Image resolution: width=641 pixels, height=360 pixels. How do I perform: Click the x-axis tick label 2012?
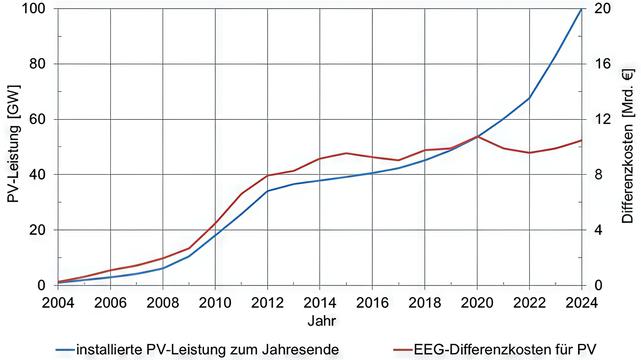click(267, 303)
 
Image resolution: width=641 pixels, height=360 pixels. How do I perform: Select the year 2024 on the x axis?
click(581, 303)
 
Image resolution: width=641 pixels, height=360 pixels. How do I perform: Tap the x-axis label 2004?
click(58, 303)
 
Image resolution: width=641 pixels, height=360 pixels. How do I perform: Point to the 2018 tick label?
click(424, 303)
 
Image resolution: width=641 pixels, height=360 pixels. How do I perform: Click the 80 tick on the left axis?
click(37, 64)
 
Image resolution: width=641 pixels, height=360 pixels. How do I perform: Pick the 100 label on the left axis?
click(33, 9)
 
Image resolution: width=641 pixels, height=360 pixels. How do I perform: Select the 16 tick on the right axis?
click(602, 64)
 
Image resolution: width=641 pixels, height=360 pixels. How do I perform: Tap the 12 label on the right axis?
click(602, 119)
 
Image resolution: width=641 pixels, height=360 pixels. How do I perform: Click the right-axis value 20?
click(602, 9)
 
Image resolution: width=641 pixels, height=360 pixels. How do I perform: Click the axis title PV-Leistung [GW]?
click(13, 144)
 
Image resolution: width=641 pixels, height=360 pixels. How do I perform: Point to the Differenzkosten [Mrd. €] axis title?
click(628, 146)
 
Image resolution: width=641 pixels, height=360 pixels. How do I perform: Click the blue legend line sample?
click(65, 350)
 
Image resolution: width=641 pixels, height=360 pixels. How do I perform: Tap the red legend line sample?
click(403, 350)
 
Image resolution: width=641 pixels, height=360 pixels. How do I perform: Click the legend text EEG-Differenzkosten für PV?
click(505, 350)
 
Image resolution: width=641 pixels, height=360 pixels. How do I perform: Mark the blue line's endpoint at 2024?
click(581, 9)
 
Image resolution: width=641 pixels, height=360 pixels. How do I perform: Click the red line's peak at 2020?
click(477, 136)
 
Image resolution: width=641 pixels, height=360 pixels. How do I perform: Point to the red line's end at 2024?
click(581, 141)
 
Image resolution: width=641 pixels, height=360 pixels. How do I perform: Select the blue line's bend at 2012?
click(267, 191)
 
